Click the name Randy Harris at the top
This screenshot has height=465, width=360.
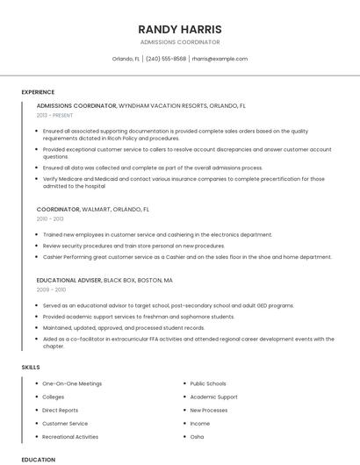tap(180, 28)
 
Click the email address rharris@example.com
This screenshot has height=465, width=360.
tap(220, 59)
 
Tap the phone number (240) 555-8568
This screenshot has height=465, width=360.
tap(165, 59)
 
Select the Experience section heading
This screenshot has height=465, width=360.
tap(38, 92)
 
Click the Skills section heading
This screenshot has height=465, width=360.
tap(31, 367)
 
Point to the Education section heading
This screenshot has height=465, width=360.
tap(38, 459)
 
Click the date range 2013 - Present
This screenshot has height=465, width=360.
tap(55, 115)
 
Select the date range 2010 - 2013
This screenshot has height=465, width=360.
tap(50, 219)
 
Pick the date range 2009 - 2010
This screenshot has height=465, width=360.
tap(51, 289)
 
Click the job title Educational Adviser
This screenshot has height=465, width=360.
tap(68, 280)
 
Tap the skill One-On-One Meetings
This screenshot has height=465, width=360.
tap(72, 383)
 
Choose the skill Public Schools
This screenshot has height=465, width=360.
tap(208, 383)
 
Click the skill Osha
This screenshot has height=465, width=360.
tap(197, 436)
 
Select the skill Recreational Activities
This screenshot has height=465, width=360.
tap(70, 436)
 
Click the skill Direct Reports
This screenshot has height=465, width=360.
tap(60, 410)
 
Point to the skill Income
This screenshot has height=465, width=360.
tap(200, 423)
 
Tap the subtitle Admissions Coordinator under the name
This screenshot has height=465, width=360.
tap(180, 42)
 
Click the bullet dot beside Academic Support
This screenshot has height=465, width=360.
tap(184, 397)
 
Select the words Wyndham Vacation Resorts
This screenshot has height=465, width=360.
tap(162, 105)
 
